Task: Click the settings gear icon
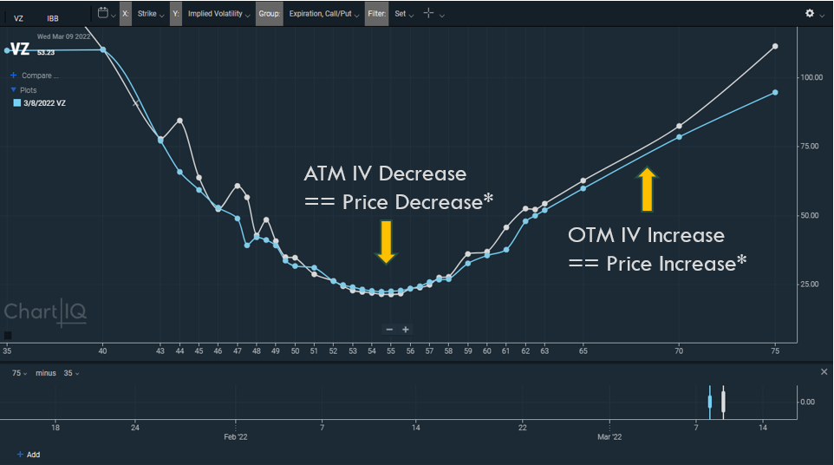point(810,14)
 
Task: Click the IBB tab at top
point(54,17)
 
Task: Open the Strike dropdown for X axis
point(150,14)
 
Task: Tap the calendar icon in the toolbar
point(103,14)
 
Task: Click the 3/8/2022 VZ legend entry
point(43,103)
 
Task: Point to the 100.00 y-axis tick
point(811,77)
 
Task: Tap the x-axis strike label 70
point(679,351)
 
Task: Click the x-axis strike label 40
point(103,351)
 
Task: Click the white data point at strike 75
point(775,46)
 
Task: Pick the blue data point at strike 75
point(775,92)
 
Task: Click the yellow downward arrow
point(386,240)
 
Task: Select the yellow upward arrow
point(647,190)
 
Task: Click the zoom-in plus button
point(406,330)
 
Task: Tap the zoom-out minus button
point(389,330)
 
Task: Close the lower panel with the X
point(824,372)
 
